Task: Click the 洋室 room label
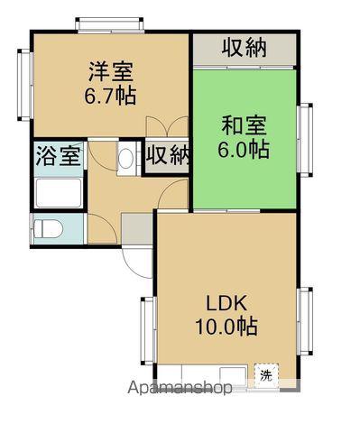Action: [111, 71]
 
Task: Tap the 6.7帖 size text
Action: [110, 96]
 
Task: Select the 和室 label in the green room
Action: [244, 125]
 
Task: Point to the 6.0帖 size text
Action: [244, 149]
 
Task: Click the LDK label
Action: [226, 303]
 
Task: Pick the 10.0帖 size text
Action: [226, 327]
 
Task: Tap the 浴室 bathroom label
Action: [59, 156]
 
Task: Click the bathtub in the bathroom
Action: [59, 193]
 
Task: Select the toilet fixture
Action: [48, 229]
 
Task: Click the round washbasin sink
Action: [126, 159]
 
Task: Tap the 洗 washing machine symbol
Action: [266, 375]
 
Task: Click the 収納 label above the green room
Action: [245, 48]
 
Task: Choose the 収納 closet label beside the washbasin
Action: [168, 155]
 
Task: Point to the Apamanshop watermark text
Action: [180, 388]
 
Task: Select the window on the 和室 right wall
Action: [305, 140]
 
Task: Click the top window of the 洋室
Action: [109, 24]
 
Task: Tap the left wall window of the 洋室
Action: [25, 85]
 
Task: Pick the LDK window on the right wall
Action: [305, 321]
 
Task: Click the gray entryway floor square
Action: [137, 228]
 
